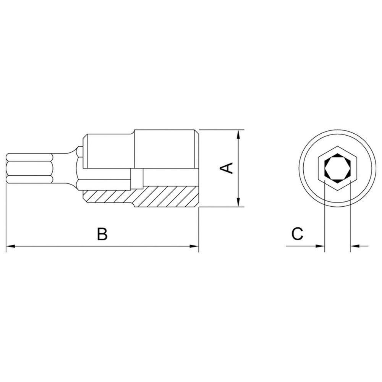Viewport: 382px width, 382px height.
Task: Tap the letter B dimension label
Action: click(102, 234)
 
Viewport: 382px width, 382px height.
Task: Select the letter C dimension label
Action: click(297, 234)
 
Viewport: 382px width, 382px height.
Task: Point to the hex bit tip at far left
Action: click(27, 168)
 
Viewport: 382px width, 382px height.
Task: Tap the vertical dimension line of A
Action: click(238, 183)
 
